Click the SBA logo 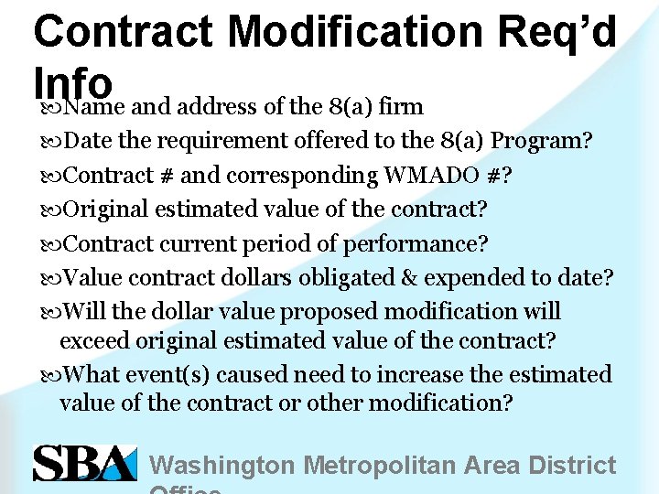84,463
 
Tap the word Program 538,141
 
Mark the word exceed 94,340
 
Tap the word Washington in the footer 222,465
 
